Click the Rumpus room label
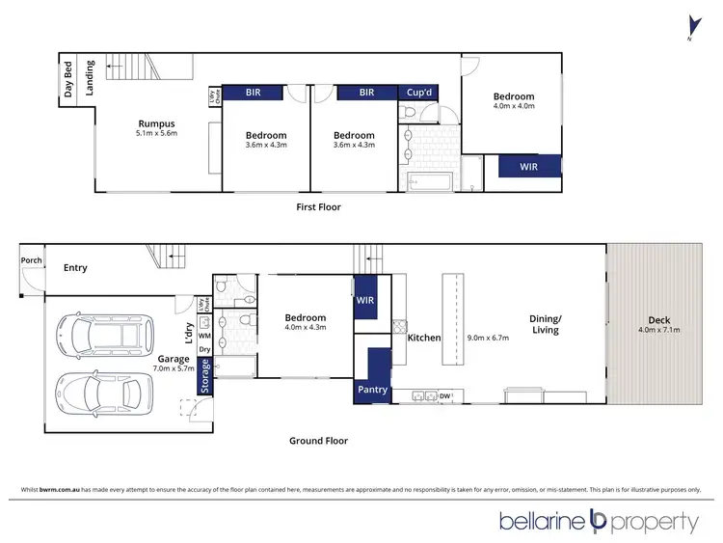(x=154, y=123)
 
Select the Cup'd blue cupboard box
(x=421, y=93)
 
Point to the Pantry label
(x=372, y=390)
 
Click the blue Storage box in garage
(x=205, y=376)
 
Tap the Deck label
(x=659, y=320)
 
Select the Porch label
(x=31, y=259)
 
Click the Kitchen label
(x=423, y=339)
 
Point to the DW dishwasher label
(x=445, y=395)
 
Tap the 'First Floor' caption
(x=318, y=207)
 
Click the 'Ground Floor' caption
(x=318, y=441)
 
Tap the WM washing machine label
(x=203, y=335)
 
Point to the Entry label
(x=75, y=268)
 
